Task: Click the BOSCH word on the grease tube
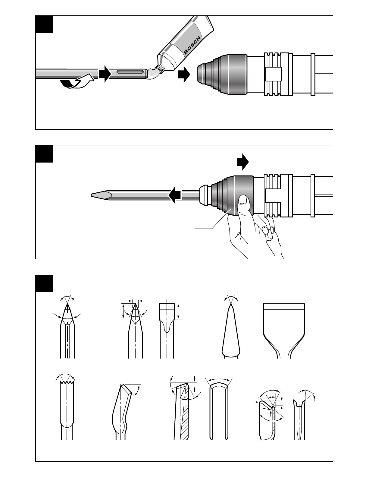tap(192, 45)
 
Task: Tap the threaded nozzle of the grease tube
tap(160, 69)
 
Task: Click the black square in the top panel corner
tap(44, 24)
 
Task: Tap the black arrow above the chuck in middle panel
tap(243, 162)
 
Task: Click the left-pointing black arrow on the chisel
tap(175, 195)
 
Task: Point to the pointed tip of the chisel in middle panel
tap(91, 195)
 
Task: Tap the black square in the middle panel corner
tap(44, 154)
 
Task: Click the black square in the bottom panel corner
tap(44, 283)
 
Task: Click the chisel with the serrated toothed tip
tap(67, 411)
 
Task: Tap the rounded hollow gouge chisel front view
tap(219, 411)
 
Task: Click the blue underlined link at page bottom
tap(60, 475)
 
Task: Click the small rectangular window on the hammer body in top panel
tap(273, 74)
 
